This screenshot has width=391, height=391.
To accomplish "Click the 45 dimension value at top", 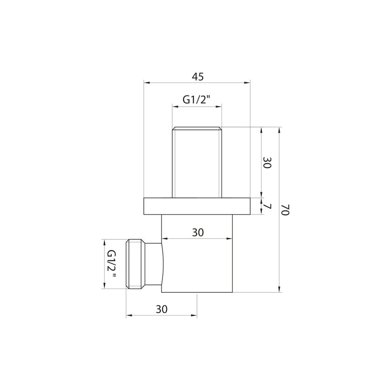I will pyautogui.click(x=197, y=77).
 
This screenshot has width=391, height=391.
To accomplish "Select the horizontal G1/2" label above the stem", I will pyautogui.click(x=196, y=100).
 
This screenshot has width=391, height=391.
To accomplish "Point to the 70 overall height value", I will pyautogui.click(x=286, y=210).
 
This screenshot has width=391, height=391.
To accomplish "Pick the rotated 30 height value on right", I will pyautogui.click(x=266, y=162).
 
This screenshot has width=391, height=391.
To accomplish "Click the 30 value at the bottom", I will pyautogui.click(x=162, y=309).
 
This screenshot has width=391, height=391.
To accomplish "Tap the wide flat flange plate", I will pyautogui.click(x=197, y=206).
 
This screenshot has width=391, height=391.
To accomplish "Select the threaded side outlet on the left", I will pyautogui.click(x=135, y=264).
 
